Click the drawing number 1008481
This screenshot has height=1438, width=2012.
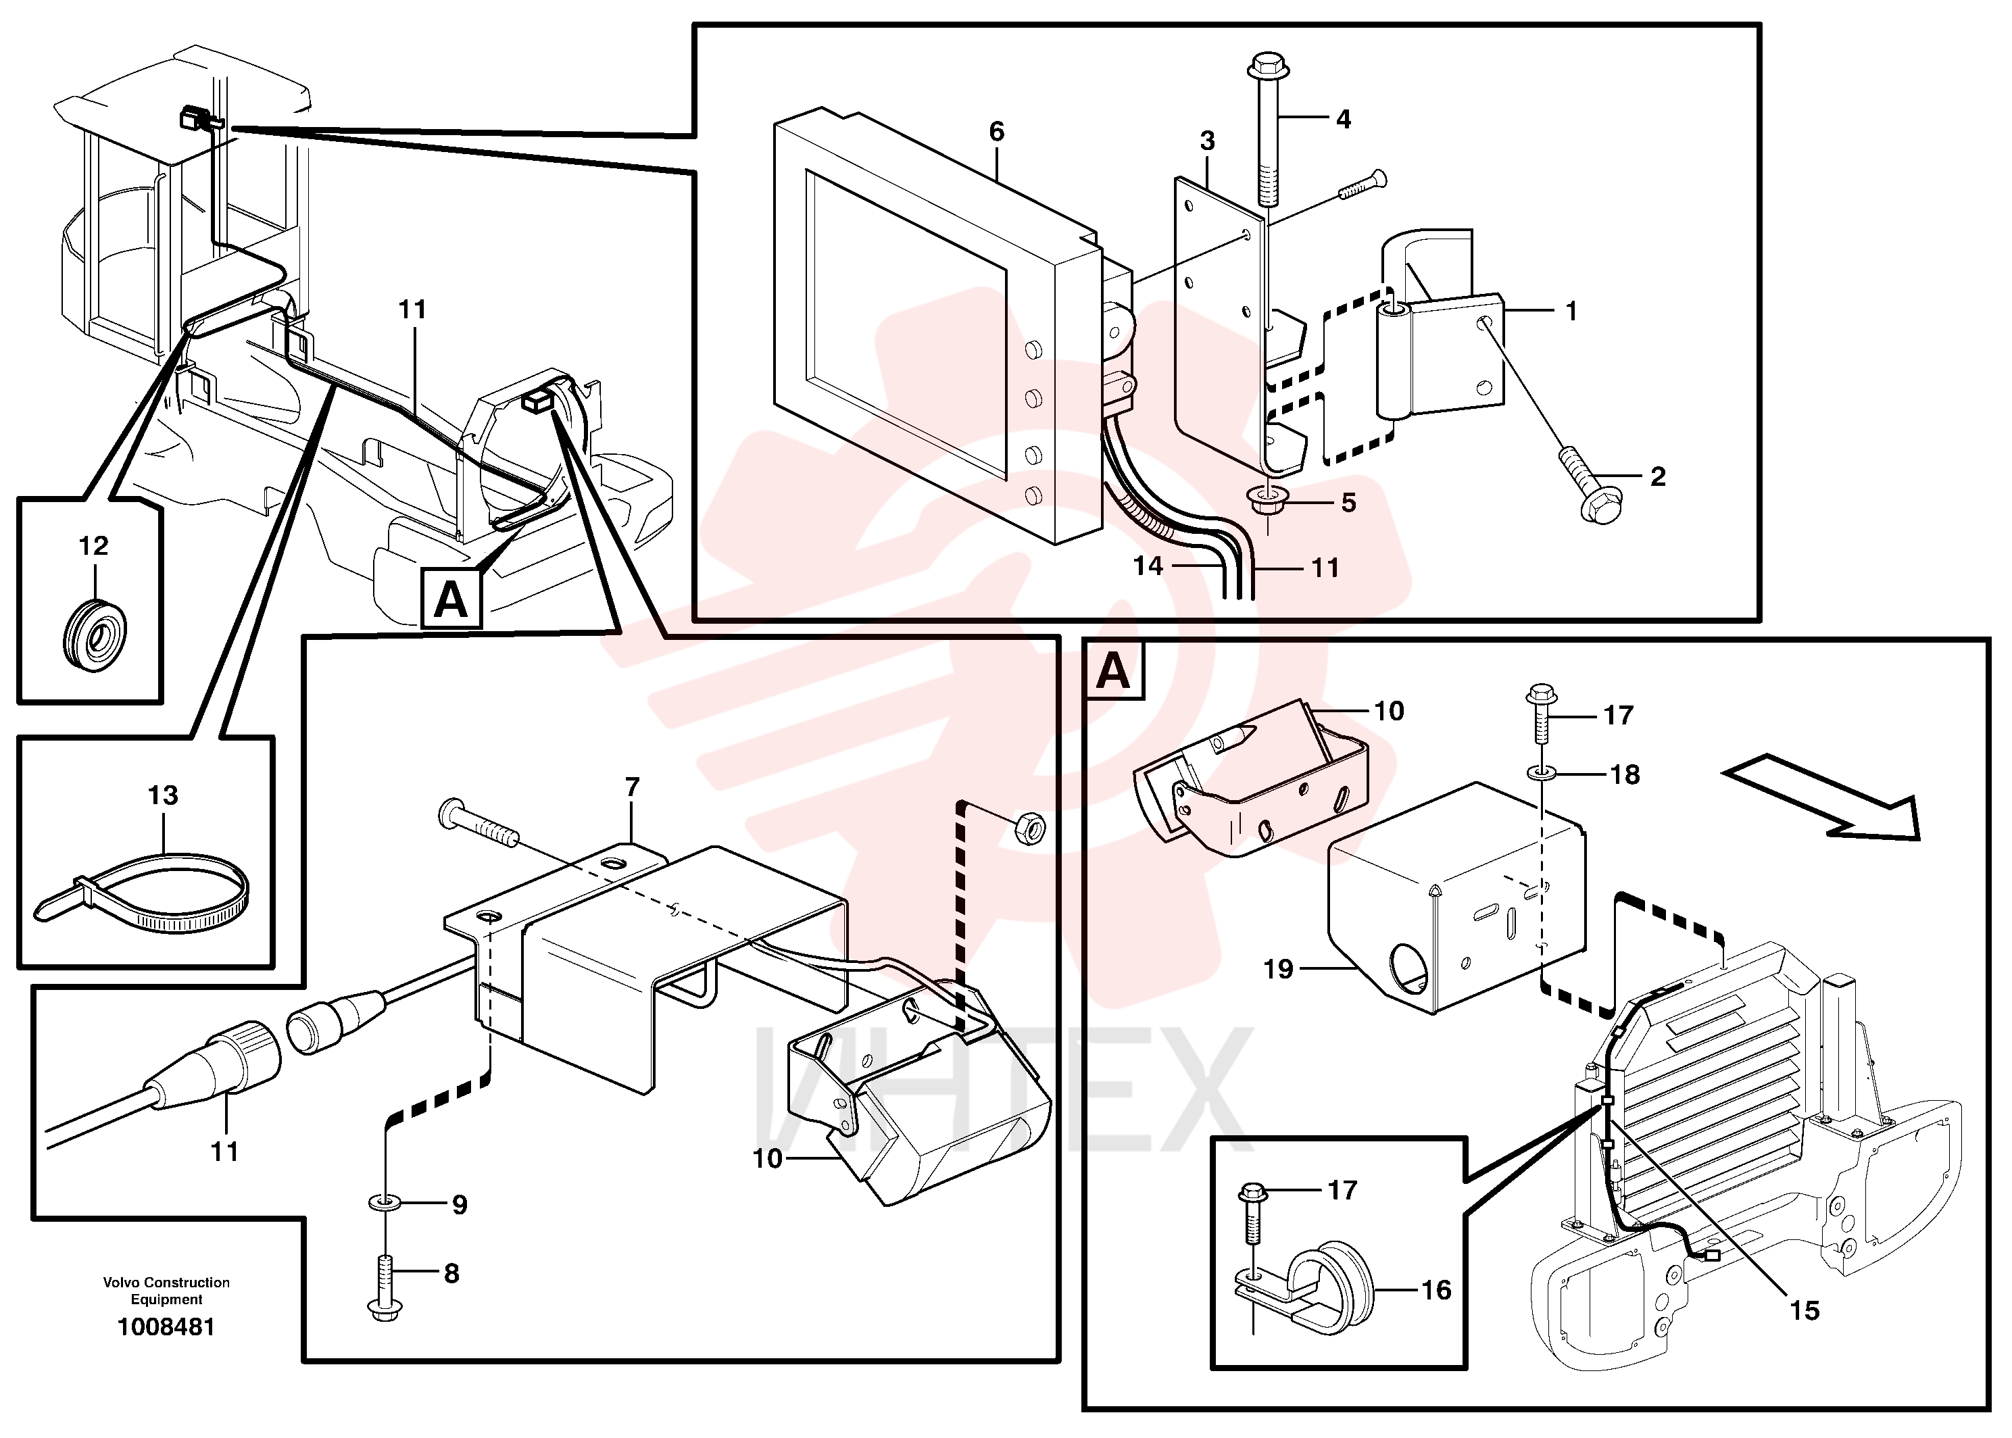pos(166,1327)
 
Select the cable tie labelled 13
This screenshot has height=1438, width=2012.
pos(142,893)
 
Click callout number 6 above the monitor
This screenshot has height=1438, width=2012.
pos(996,132)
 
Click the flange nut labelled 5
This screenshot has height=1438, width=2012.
pos(1267,500)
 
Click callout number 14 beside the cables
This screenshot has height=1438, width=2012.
pos(1148,566)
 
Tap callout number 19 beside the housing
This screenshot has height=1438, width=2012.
pos(1278,970)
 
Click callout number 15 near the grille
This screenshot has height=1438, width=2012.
pos(1804,1310)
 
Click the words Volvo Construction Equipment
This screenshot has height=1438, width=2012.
pos(166,1291)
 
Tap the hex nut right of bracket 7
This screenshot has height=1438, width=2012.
pos(1028,828)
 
